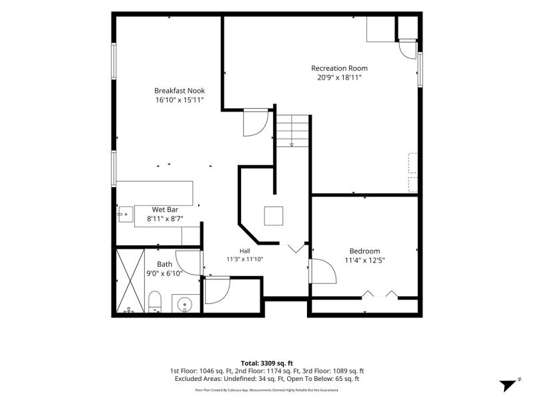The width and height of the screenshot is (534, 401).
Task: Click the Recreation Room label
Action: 339,68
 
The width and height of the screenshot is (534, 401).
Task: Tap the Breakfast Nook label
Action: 180,91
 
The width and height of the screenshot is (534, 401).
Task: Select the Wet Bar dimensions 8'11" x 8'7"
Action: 165,219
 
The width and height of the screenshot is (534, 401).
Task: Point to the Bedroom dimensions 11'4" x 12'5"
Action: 364,261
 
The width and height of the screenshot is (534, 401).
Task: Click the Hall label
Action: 245,251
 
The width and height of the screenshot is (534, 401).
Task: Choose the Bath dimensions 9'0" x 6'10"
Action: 164,273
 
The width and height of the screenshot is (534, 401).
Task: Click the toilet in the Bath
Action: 155,301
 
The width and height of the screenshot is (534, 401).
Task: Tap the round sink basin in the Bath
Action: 185,303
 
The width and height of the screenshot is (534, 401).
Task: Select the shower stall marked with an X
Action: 130,281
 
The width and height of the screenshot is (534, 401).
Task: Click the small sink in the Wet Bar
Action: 125,214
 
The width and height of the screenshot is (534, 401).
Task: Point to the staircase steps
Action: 292,131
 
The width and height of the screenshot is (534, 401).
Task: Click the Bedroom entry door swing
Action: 322,271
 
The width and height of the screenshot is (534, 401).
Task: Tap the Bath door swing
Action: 189,263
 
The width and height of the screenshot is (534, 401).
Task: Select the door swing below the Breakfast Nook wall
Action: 256,123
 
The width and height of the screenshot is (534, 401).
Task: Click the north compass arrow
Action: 509,385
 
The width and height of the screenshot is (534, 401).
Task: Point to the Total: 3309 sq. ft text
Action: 267,363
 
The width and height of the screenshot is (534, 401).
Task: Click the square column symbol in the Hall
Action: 274,216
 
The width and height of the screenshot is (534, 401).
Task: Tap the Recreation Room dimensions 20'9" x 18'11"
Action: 339,78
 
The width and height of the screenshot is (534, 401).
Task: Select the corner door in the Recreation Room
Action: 408,49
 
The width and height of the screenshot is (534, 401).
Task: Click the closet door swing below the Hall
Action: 218,291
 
